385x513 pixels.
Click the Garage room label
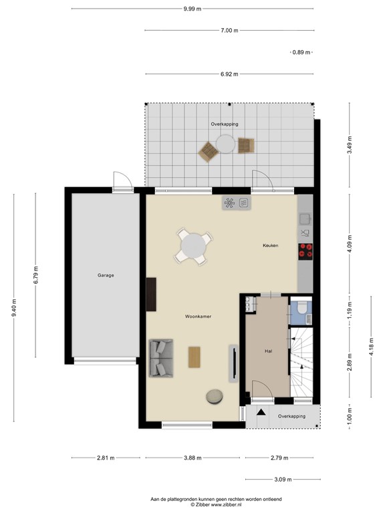106,275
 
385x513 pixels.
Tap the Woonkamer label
199,316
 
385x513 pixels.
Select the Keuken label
270,246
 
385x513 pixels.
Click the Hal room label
269,350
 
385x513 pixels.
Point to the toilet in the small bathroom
301,307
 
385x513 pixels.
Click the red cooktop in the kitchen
306,251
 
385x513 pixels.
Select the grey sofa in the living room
160,357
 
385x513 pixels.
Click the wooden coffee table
195,357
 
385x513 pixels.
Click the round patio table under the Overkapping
226,144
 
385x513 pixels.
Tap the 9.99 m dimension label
192,9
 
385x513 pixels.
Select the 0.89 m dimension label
302,52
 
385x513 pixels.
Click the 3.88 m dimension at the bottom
193,458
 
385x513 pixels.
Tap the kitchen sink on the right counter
305,218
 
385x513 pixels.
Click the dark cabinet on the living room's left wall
151,295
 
